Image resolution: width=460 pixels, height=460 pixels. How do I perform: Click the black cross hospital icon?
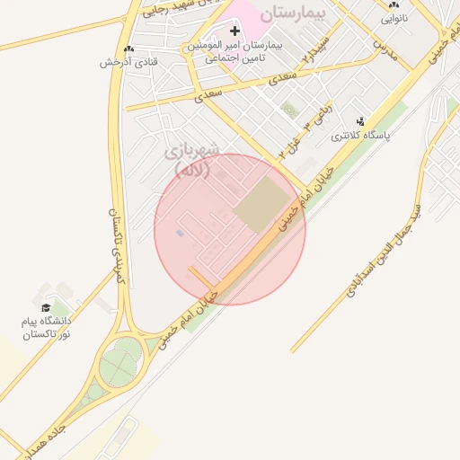(235, 31)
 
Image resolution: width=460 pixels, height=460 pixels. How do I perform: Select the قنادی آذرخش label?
(129, 62)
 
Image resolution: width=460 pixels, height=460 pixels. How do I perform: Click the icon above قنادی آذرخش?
(129, 49)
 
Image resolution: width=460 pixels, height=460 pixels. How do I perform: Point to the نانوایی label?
(394, 17)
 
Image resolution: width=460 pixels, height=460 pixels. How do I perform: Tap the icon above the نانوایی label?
(394, 4)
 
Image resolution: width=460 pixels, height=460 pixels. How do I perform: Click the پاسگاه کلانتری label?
(360, 137)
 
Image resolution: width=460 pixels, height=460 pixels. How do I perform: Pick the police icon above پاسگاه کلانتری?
(360, 122)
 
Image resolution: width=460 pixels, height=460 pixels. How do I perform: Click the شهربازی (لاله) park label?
(190, 160)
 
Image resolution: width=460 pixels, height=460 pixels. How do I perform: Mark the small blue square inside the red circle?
(180, 234)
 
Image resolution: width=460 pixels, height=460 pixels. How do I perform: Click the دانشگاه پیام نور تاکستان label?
(46, 327)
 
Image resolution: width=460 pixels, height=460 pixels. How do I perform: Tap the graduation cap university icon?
(46, 308)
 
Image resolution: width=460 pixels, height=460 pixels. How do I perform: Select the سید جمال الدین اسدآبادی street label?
(378, 254)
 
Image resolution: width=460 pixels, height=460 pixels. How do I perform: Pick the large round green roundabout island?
(119, 364)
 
